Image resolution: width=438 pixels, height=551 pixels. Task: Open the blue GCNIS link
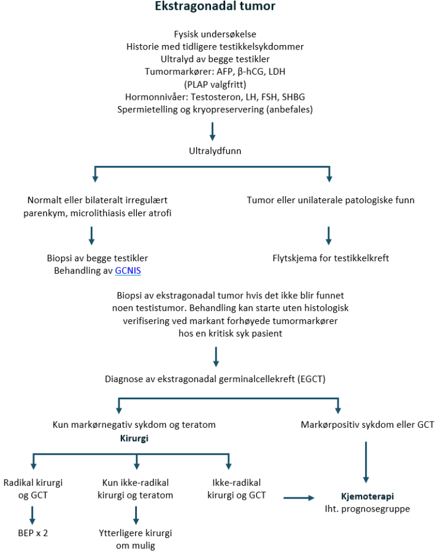pyautogui.click(x=128, y=271)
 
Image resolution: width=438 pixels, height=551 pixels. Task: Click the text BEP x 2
pyautogui.click(x=33, y=533)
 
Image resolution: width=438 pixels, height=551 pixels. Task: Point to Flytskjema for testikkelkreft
pyautogui.click(x=330, y=258)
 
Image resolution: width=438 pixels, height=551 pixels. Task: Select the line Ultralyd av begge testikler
pyautogui.click(x=215, y=58)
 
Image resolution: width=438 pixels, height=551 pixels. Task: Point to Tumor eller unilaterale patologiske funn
pyautogui.click(x=330, y=200)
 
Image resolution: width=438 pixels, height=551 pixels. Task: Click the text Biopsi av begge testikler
pyautogui.click(x=98, y=258)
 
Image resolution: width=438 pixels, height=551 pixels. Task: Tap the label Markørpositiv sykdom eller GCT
pyautogui.click(x=367, y=424)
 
